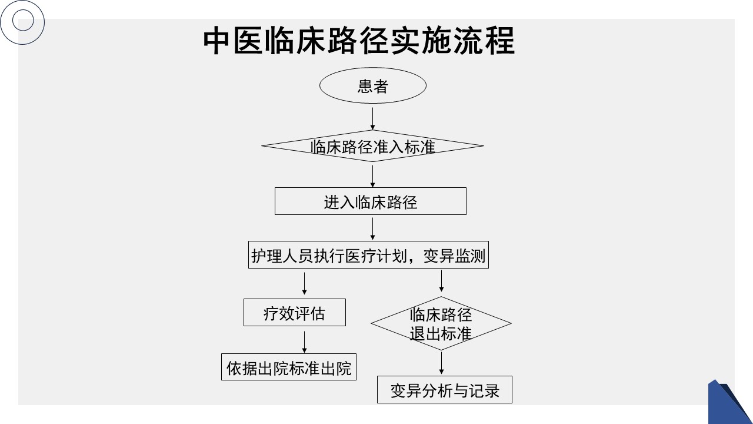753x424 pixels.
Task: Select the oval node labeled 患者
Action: (x=372, y=86)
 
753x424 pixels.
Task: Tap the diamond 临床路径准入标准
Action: (x=372, y=146)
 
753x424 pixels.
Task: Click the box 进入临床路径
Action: (x=370, y=201)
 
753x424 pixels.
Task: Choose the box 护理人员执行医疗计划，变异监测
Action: (x=368, y=256)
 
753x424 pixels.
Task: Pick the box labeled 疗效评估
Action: (x=294, y=313)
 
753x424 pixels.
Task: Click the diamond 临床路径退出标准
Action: (x=441, y=323)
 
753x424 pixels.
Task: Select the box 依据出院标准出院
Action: (x=289, y=367)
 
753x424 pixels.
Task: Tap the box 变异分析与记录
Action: (x=444, y=390)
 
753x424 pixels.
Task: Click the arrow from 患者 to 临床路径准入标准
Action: (x=372, y=118)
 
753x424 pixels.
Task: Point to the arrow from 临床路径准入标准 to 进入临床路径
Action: (x=372, y=175)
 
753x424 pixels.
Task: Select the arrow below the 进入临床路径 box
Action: (x=372, y=228)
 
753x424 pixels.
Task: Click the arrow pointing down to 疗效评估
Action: (x=304, y=283)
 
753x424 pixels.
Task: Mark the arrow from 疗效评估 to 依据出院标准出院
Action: (x=304, y=342)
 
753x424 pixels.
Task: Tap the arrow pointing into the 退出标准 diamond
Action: (x=441, y=281)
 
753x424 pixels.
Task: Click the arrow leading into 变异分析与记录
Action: (x=441, y=363)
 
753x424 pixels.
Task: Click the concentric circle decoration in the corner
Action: (x=23, y=22)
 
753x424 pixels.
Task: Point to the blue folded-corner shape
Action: (x=729, y=403)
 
